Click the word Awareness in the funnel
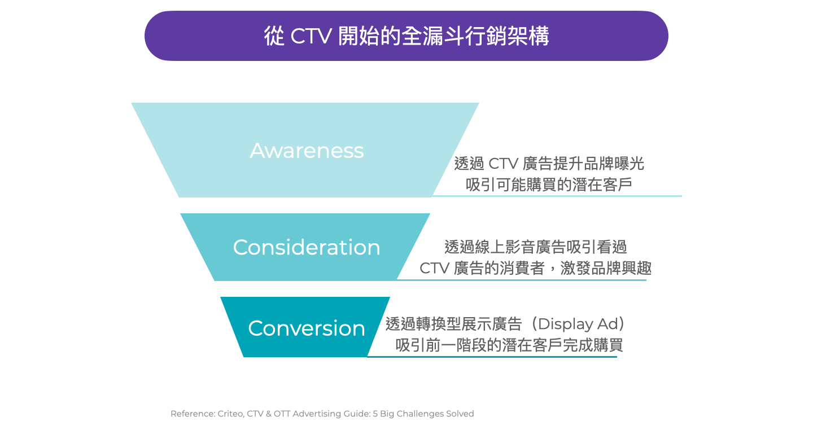[x=307, y=150]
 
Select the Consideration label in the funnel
[x=307, y=248]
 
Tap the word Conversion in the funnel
[x=307, y=328]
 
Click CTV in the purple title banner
[x=311, y=36]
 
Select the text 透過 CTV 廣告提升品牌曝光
[x=549, y=164]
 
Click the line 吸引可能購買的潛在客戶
[x=549, y=185]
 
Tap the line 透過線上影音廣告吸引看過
[x=536, y=247]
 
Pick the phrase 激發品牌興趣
[x=606, y=269]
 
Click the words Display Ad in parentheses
[x=576, y=324]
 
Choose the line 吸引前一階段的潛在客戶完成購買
[x=509, y=345]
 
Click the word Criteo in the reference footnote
[x=231, y=414]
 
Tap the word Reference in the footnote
[x=193, y=414]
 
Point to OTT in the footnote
[x=282, y=414]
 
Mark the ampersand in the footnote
[x=269, y=414]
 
